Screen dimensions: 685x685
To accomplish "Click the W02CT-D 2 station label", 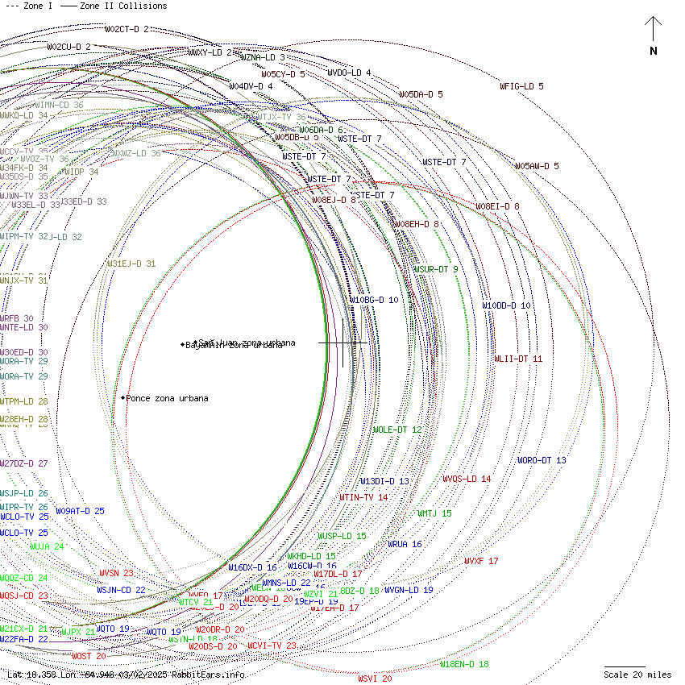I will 127,29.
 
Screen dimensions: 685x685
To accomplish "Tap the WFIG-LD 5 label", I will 521,86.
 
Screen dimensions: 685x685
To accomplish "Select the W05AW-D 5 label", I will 537,166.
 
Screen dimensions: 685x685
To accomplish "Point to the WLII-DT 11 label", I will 518,359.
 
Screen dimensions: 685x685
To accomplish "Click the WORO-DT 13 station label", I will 542,460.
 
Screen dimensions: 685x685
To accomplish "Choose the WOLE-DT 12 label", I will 397,430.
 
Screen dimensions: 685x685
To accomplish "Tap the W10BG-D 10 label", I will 374,300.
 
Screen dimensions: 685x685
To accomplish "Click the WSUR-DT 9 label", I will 436,269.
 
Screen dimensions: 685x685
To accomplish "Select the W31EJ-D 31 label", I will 131,264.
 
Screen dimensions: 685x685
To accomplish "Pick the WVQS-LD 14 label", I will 467,479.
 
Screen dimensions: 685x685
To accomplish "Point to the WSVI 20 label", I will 375,679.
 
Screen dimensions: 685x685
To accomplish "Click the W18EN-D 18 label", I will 464,664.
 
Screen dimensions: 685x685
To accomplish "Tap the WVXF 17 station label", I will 481,561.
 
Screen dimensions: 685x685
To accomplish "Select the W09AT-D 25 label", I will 80,511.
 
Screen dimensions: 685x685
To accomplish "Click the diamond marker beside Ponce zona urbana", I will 123,398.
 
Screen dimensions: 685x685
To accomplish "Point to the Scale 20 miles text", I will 637,675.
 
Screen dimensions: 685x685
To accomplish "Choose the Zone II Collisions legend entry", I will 114,6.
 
